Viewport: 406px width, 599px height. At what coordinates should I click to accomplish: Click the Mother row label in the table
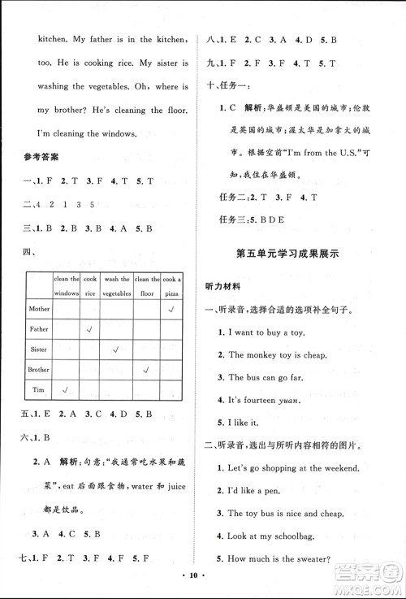pos(39,309)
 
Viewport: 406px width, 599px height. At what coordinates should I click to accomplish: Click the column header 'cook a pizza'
pos(172,285)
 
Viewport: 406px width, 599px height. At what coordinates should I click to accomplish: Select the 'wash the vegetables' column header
pos(117,285)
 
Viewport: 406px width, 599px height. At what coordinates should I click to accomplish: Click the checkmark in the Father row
pos(90,329)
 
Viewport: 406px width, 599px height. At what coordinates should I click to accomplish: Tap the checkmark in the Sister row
pos(116,349)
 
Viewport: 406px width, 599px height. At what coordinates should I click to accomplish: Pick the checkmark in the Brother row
pos(145,369)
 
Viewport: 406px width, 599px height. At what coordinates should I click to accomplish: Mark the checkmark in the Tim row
pos(65,389)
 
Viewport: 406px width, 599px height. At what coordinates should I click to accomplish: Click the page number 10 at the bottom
pos(202,584)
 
